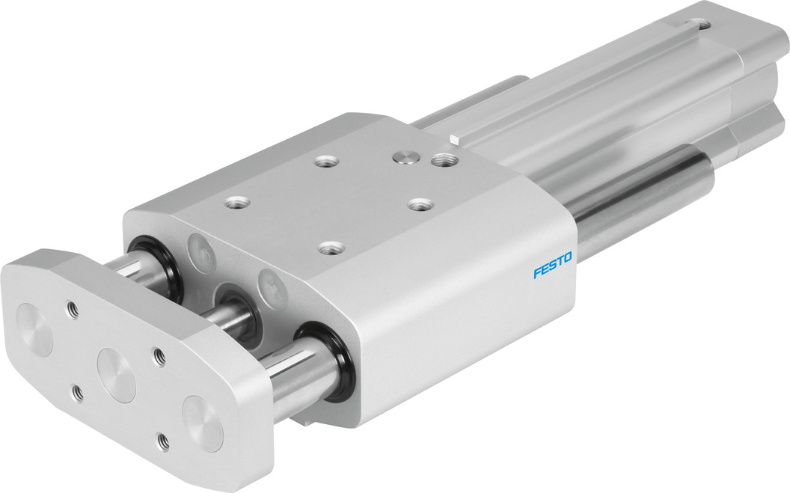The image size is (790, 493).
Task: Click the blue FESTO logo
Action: click(x=552, y=265)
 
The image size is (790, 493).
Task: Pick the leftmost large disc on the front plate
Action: click(x=35, y=327)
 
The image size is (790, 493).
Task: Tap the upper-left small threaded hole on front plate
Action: click(x=72, y=307)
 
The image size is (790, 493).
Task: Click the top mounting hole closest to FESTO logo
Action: click(x=419, y=203)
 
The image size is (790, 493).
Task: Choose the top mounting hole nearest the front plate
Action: click(x=231, y=201)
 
